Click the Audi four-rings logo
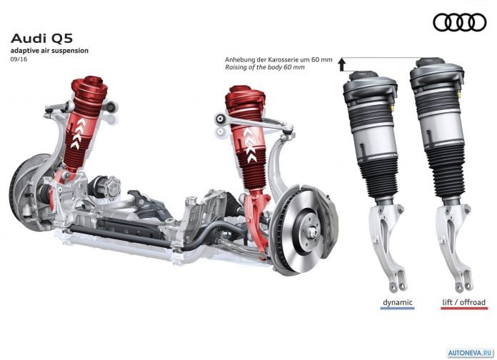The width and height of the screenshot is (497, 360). pyautogui.click(x=460, y=23)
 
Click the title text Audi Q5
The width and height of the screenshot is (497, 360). pyautogui.click(x=41, y=39)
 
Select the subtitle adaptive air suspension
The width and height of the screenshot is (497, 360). pyautogui.click(x=49, y=51)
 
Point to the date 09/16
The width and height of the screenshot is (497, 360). pyautogui.click(x=19, y=59)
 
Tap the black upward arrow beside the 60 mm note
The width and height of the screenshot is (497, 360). pyautogui.click(x=341, y=64)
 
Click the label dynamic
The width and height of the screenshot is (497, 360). pyautogui.click(x=398, y=302)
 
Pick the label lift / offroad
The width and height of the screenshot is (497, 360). pyautogui.click(x=463, y=302)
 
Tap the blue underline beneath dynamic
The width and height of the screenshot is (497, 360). pyautogui.click(x=398, y=308)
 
